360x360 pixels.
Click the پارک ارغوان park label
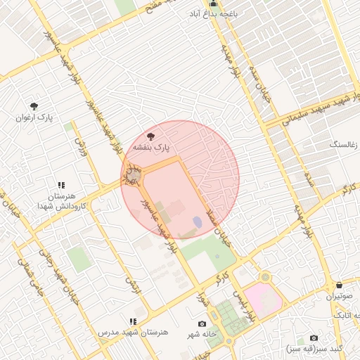(35, 117)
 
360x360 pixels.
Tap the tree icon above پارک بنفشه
(151, 135)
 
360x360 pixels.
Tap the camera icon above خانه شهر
(202, 323)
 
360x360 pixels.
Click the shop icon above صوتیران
(340, 285)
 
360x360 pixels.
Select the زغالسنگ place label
(343, 144)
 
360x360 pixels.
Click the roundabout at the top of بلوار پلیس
(264, 278)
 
